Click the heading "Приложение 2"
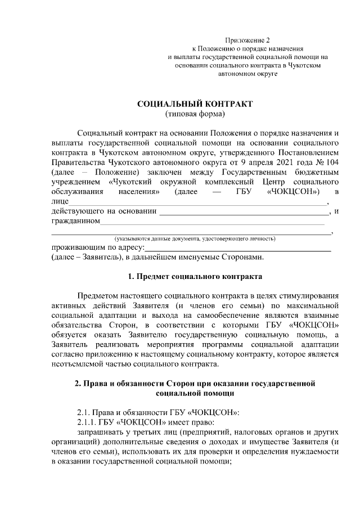(x=247, y=39)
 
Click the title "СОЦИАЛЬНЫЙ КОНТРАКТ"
(x=195, y=104)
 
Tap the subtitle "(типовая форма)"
(x=195, y=115)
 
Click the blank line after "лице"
(x=197, y=203)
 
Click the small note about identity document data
(x=194, y=239)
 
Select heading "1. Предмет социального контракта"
(x=195, y=277)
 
